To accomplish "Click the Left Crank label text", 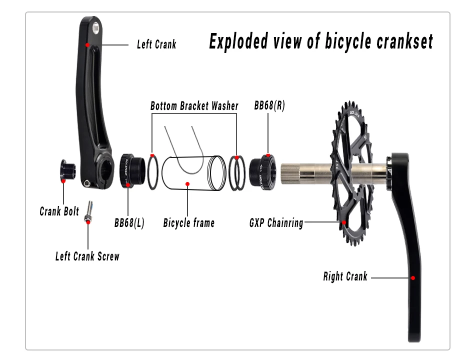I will point(156,44).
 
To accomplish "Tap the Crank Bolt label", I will point(59,211).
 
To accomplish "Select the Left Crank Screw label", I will point(87,256).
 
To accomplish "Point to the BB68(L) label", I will point(129,222).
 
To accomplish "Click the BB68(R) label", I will point(269,105).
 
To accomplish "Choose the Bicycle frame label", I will point(188,222).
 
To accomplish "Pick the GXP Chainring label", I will point(276,222).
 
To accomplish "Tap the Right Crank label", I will point(345,276).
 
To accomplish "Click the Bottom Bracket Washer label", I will point(194,106).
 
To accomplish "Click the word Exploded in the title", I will point(238,41).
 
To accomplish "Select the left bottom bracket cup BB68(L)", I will point(131,171).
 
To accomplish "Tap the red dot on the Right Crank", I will point(413,277).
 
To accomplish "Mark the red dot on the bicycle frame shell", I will point(187,183).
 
